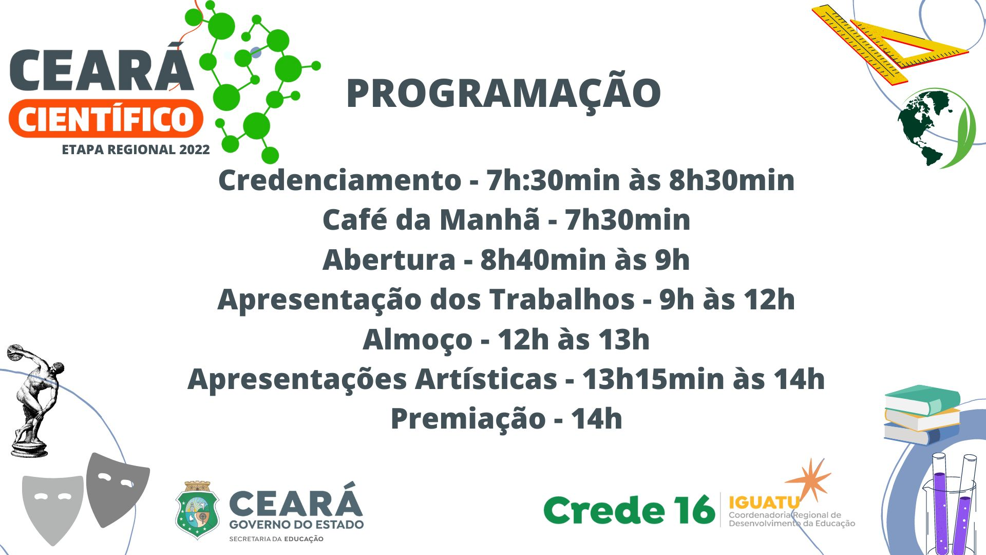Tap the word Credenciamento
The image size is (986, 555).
340,180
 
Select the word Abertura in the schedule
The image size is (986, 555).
389,260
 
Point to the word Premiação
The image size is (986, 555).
468,419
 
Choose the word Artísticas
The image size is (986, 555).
486,379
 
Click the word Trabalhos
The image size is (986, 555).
562,299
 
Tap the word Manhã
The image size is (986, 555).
489,219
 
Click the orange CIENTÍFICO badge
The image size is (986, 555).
106,119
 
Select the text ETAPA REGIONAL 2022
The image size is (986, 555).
136,150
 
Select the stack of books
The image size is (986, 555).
922,415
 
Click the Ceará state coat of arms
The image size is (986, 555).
197,510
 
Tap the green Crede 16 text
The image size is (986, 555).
629,510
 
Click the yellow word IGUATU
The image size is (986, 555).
764,503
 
